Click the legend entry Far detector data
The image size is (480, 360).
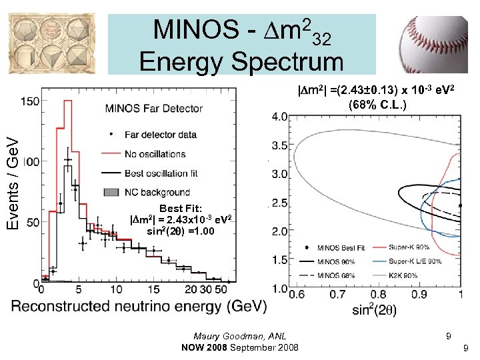pos(160,134)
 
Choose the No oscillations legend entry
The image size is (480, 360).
pos(155,153)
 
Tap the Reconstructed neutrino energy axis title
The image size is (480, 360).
pos(139,306)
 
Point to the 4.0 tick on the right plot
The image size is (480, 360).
pos(279,117)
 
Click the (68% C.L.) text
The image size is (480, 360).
pos(377,105)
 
